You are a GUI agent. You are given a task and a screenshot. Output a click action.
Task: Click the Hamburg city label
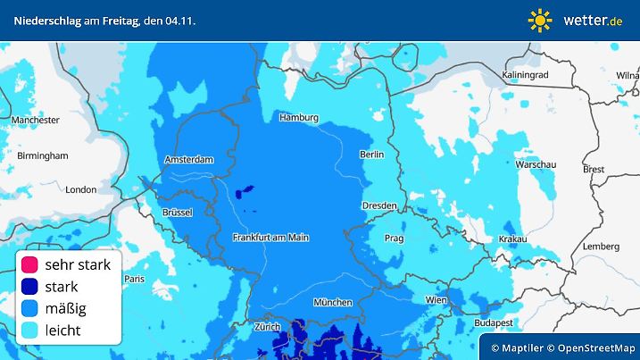[299, 118]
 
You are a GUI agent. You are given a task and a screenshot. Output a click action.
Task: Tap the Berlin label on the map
[371, 155]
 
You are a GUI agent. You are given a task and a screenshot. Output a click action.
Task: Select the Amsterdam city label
[189, 160]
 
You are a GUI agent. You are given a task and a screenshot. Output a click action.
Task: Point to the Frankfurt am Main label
[270, 238]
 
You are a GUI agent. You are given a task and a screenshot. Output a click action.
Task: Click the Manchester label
[36, 120]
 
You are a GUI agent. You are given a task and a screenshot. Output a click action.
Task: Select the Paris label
[134, 279]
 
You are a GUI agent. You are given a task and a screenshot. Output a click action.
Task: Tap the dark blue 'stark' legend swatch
[29, 287]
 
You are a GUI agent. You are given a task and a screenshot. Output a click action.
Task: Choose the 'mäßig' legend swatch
[29, 308]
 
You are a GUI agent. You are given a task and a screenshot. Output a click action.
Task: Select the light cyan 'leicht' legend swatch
[29, 330]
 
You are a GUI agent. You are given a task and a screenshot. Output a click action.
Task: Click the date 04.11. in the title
[180, 20]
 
